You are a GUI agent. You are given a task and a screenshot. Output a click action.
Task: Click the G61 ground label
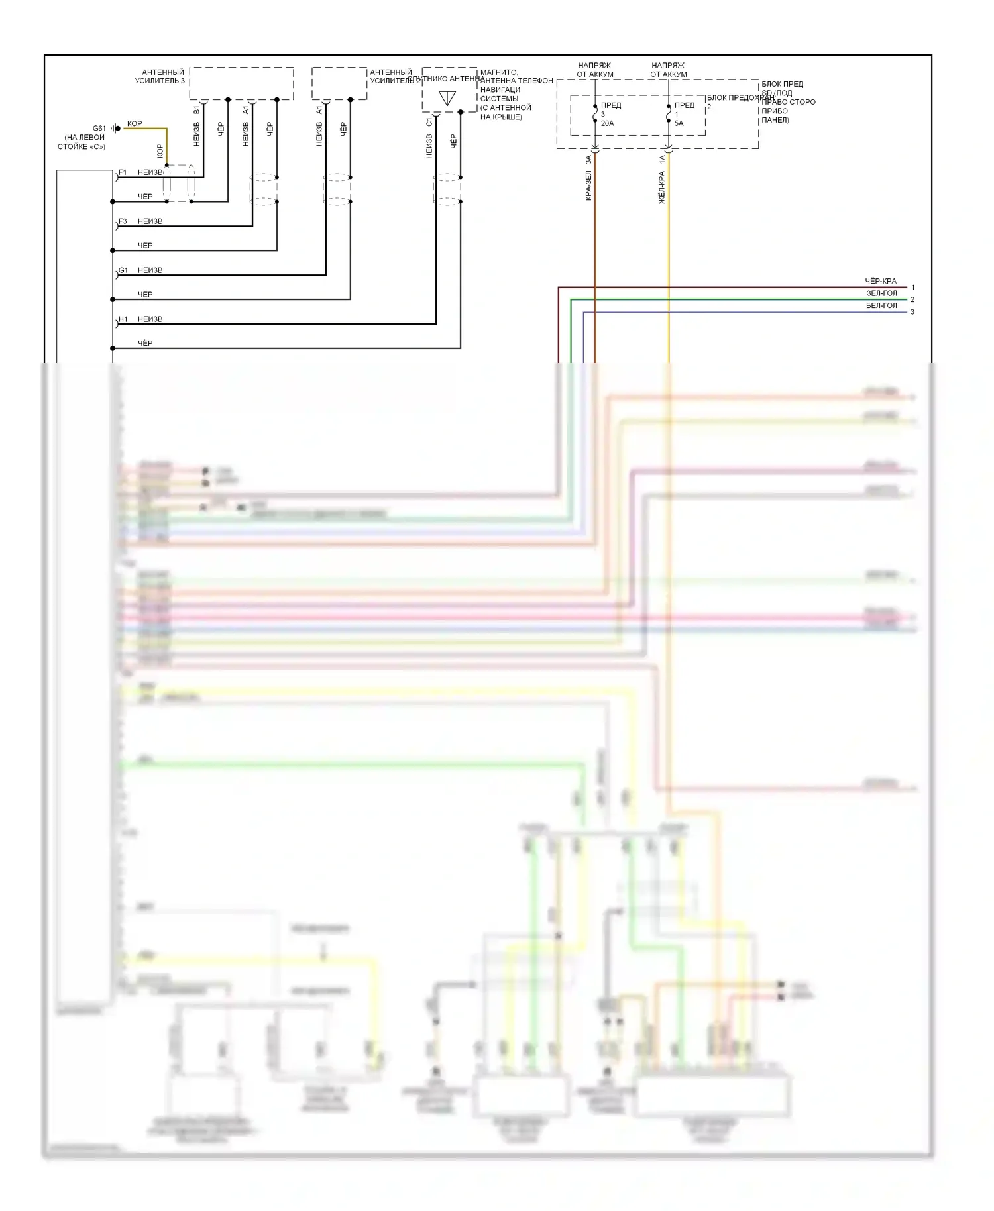coord(99,129)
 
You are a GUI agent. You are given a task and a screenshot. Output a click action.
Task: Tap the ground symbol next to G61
coord(116,129)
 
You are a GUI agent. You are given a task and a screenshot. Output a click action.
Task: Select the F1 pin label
coord(123,172)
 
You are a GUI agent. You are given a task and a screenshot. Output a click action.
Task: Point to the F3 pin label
coord(123,221)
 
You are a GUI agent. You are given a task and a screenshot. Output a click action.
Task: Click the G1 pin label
coord(123,270)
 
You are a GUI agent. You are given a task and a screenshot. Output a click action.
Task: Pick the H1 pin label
coord(123,319)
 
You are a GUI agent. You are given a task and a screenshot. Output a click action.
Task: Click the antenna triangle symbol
coord(447,98)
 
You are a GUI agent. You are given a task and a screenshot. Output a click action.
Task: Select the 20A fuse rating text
coord(607,123)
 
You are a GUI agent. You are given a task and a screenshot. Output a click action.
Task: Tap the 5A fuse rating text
coord(679,123)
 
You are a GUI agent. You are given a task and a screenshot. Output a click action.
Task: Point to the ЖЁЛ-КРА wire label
coord(661,187)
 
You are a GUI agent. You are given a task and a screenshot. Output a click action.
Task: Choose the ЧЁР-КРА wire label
coord(880,281)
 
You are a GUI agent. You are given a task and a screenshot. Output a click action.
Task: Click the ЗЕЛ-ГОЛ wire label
coord(881,293)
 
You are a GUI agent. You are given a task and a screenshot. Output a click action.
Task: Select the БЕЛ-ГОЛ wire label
coord(881,305)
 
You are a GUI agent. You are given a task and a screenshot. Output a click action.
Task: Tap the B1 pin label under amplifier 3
coord(196,109)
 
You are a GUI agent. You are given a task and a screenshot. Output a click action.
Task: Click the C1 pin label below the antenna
coord(429,122)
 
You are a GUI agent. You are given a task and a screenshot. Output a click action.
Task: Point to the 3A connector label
coord(588,160)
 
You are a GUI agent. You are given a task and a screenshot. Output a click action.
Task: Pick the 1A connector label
coord(661,160)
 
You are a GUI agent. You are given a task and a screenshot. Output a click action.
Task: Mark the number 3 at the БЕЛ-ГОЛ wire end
coord(912,312)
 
